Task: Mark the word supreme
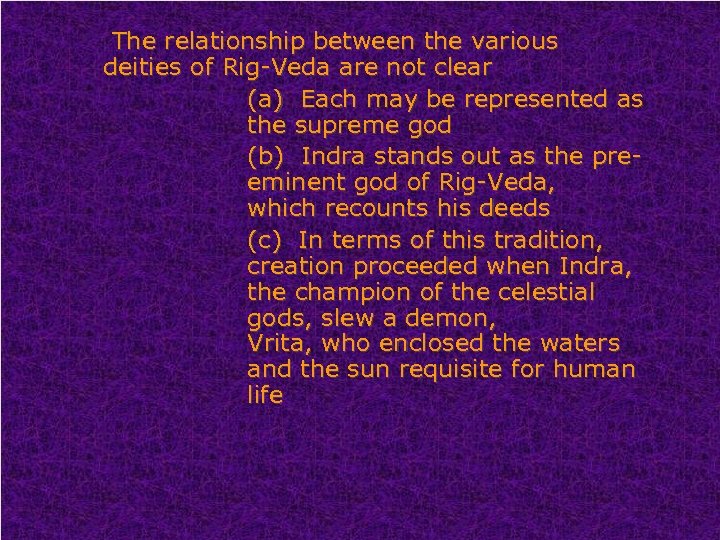(354, 127)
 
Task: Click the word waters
(581, 344)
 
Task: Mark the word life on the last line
(265, 395)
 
